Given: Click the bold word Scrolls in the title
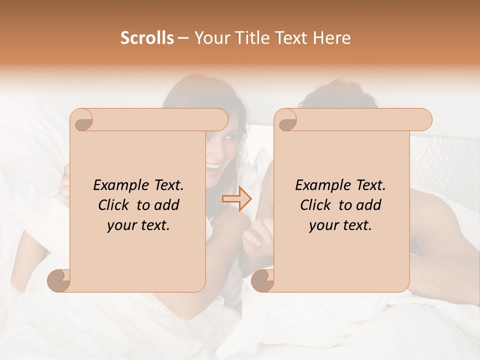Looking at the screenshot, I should click(x=147, y=38).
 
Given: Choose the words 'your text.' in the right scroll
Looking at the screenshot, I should click(x=340, y=225).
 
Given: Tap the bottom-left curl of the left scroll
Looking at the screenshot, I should click(x=59, y=280).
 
